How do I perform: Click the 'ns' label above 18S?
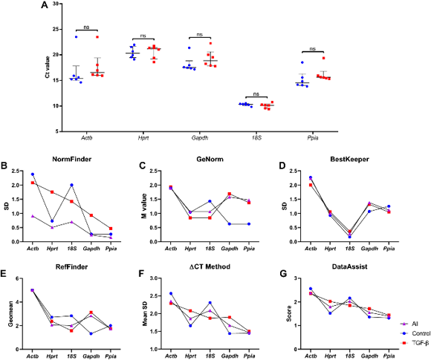pos(256,94)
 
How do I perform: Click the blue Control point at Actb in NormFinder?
pos(32,174)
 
